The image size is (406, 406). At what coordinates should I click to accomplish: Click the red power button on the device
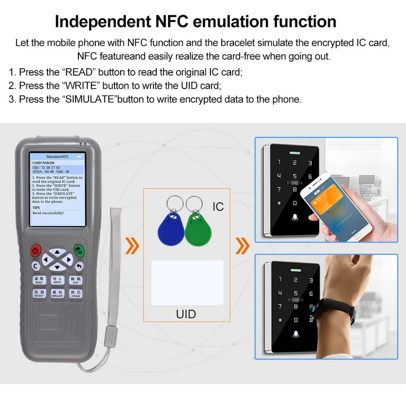click(x=37, y=250)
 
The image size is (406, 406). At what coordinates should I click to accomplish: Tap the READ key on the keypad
click(x=39, y=280)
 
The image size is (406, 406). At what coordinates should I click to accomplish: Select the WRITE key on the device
click(x=57, y=280)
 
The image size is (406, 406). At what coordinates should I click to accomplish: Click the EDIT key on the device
click(x=75, y=280)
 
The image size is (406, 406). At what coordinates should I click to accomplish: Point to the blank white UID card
click(x=187, y=283)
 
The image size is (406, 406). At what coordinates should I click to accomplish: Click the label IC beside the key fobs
click(x=218, y=207)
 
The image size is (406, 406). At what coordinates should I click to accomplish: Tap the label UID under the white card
click(x=186, y=314)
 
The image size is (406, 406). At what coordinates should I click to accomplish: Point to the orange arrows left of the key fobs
click(x=133, y=246)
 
